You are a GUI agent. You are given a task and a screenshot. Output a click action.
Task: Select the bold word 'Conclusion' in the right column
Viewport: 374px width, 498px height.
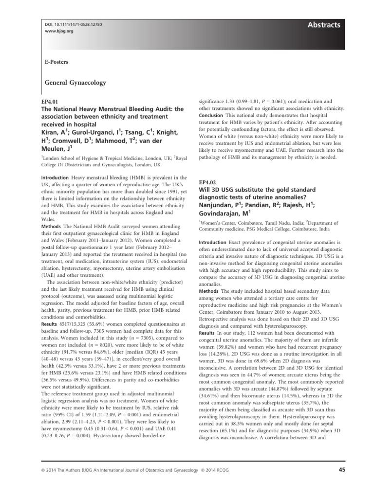(x=210, y=115)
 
